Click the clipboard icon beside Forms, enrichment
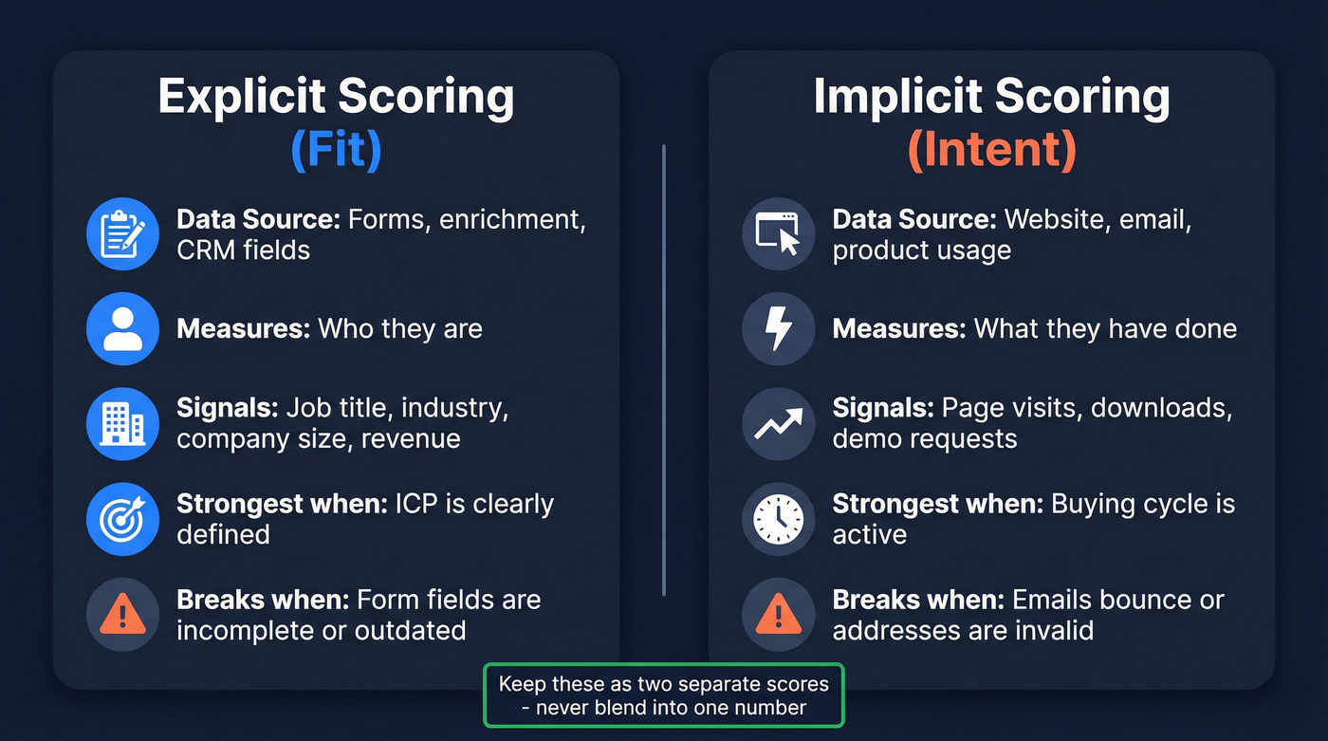(122, 233)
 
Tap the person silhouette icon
(122, 329)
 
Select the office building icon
(122, 424)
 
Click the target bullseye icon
(122, 519)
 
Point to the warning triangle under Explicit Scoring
(122, 615)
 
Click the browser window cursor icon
(778, 233)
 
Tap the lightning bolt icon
(778, 329)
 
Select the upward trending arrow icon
(778, 424)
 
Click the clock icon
(778, 519)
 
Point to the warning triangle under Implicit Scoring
(778, 615)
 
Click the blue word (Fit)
(336, 150)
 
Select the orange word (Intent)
(991, 150)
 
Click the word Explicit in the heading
(242, 97)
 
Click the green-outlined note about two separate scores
(663, 695)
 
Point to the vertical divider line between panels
(664, 370)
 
